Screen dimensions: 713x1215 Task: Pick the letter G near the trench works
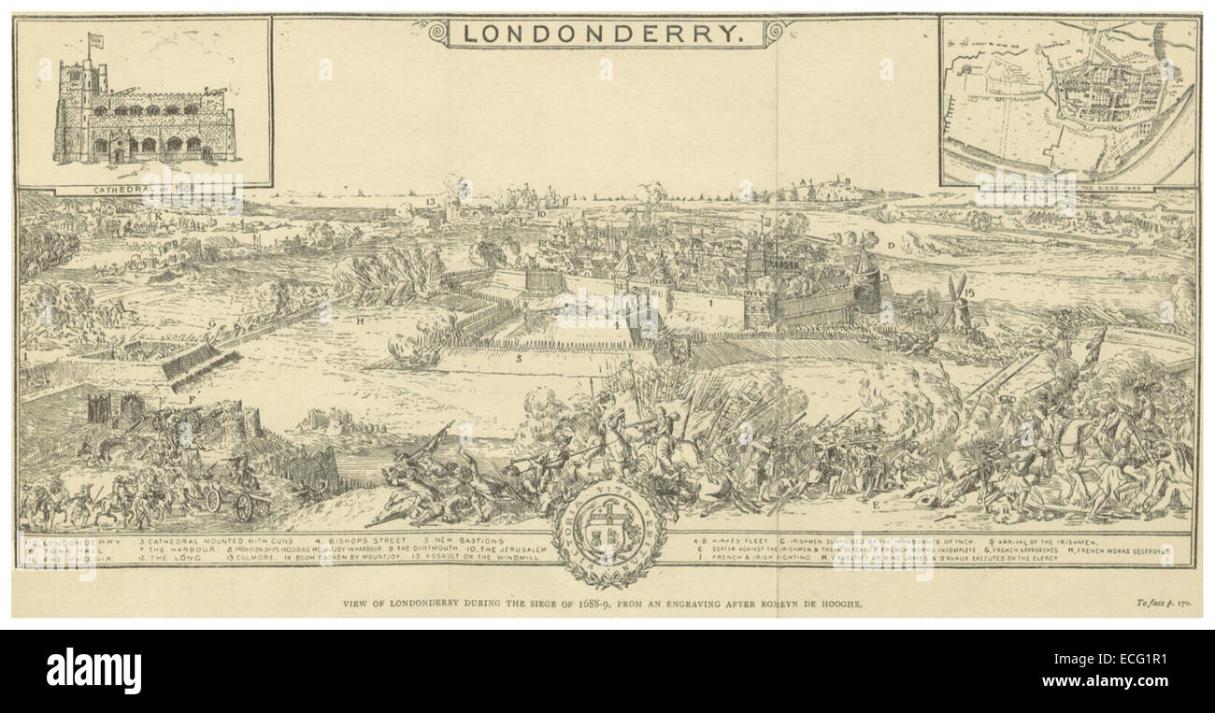pos(213,324)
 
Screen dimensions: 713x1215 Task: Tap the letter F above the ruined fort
pos(192,401)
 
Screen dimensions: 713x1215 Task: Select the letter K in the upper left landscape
pos(160,216)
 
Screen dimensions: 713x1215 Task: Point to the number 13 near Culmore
pos(430,201)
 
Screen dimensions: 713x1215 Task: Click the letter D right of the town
pos(892,245)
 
